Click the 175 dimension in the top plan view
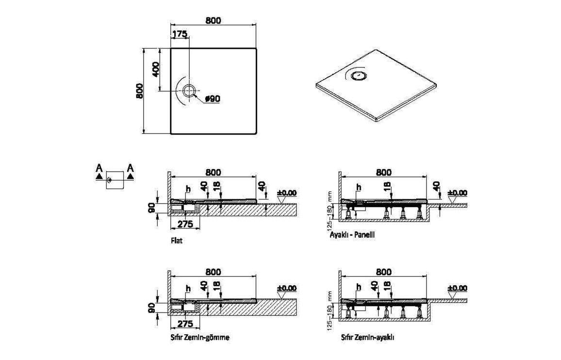point(180,34)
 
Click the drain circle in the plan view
point(189,91)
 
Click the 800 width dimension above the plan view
point(213,20)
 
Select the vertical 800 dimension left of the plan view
point(139,91)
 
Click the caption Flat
point(176,241)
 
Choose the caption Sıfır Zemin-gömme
point(200,337)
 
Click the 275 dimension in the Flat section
point(185,224)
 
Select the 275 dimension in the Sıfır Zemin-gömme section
point(185,324)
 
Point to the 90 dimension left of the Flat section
point(151,208)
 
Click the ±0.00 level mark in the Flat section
point(287,193)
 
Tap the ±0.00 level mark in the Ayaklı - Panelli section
point(458,193)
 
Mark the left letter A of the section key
point(99,168)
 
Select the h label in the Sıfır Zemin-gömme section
point(188,289)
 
